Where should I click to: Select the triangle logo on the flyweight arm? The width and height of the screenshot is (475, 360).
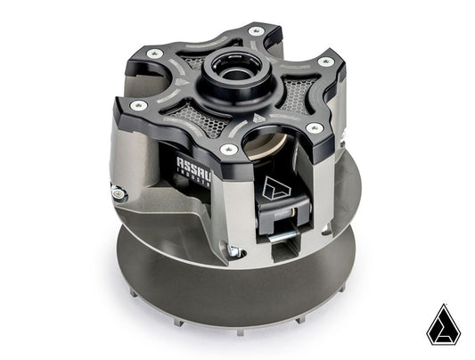(272, 187)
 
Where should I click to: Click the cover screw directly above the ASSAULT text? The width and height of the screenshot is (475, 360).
(228, 149)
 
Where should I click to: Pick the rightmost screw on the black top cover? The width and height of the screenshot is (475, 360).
(326, 62)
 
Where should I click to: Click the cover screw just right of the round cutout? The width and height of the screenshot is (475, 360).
(315, 128)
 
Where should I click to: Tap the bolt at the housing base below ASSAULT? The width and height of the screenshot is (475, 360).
(233, 252)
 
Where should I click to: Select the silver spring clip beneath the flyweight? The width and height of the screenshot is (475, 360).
(283, 234)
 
